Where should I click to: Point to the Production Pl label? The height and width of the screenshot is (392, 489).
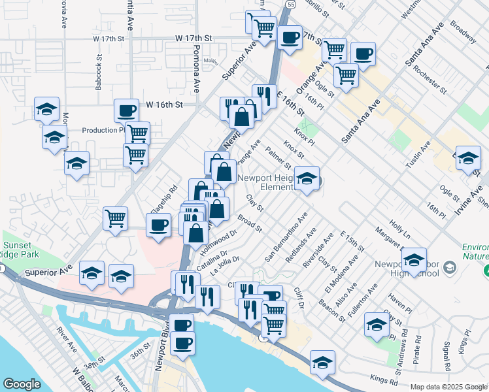click(103, 130)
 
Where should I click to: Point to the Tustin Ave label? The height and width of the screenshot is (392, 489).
click(416, 155)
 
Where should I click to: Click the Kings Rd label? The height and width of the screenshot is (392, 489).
click(384, 377)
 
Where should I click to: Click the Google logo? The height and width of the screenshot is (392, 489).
click(22, 384)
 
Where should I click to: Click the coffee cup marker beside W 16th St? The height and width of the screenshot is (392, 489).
click(127, 110)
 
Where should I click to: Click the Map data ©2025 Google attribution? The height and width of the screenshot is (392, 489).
click(448, 387)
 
